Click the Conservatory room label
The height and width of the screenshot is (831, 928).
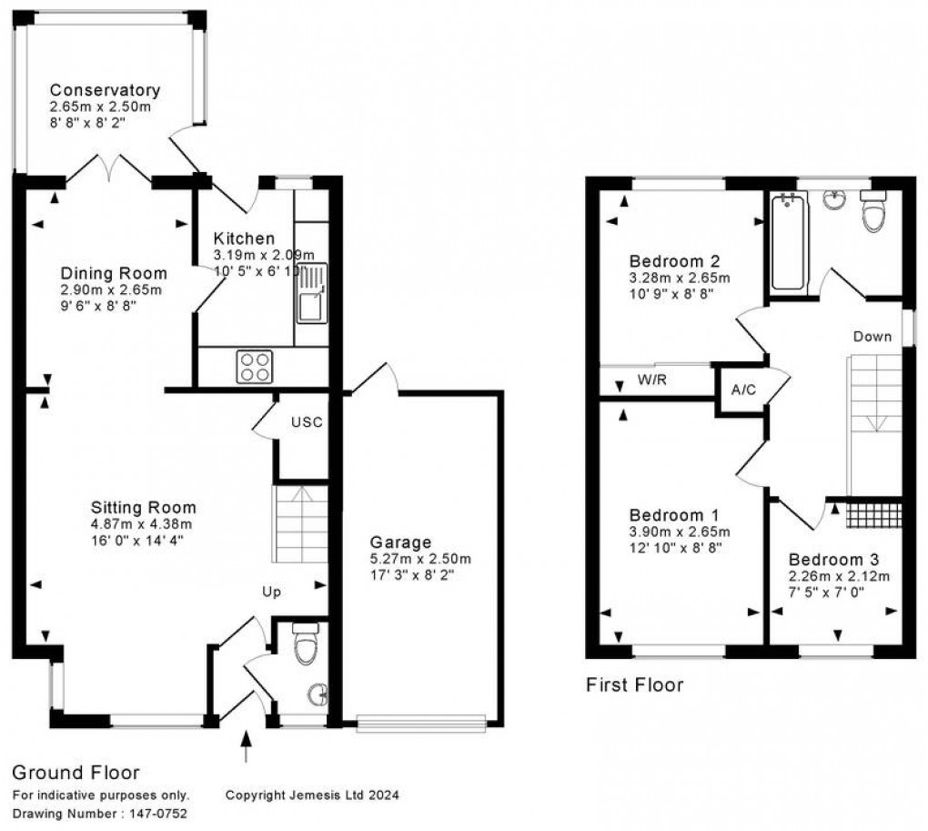pos(105,90)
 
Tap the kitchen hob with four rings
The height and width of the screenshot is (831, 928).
pos(255,367)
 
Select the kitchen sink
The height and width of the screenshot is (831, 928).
pos(311,296)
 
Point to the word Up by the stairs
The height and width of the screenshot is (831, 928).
pos(271,592)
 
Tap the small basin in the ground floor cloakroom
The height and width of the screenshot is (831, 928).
pos(318,696)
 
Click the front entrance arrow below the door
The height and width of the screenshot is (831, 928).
pos(246,750)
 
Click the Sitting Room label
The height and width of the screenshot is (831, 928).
pos(144,507)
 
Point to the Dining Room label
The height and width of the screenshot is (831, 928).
pos(114,273)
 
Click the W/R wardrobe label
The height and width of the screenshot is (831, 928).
pos(652,380)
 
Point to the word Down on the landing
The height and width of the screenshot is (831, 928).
pos(872,337)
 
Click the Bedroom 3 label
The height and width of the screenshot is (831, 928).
pos(833,559)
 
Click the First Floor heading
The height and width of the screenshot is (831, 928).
pos(633,684)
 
